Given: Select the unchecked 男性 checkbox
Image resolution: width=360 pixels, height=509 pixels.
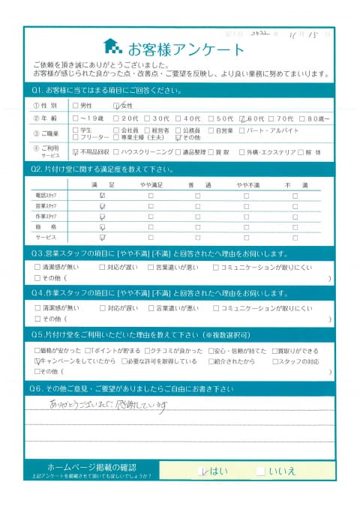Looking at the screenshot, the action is click(75, 106).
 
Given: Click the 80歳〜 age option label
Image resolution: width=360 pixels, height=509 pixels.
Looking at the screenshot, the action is click(314, 118).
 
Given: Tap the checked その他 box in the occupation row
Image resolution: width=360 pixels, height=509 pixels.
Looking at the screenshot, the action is click(177, 138).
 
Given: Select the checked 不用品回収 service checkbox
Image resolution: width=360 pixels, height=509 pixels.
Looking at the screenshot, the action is click(75, 151).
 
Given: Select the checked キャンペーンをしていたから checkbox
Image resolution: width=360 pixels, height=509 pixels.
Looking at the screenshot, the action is click(38, 361).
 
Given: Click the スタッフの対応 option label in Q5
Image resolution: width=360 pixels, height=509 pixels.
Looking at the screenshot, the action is click(304, 361).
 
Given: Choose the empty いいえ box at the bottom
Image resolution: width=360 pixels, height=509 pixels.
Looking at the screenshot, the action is click(259, 471).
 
